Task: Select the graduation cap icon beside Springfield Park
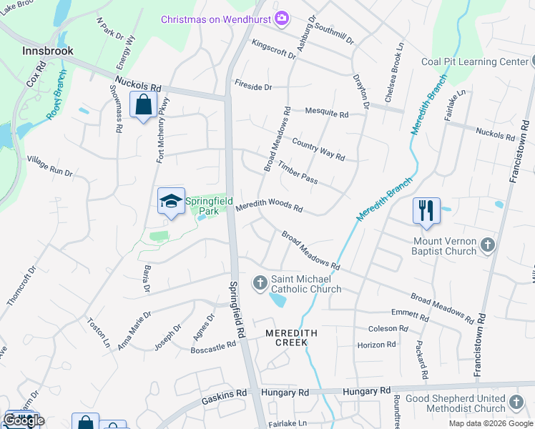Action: (171, 202)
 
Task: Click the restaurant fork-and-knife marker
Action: (426, 210)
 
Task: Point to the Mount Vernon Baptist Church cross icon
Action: (486, 245)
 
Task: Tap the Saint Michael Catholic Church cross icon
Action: (260, 284)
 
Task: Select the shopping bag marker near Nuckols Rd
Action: (144, 105)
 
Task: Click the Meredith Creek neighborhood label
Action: (286, 337)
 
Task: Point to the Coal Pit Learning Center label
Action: (474, 61)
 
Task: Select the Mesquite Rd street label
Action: (326, 114)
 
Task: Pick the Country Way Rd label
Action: (318, 149)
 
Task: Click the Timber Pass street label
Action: (298, 172)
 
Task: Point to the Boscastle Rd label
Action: (212, 347)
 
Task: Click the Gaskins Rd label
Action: (224, 393)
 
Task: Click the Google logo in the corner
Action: (24, 420)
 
